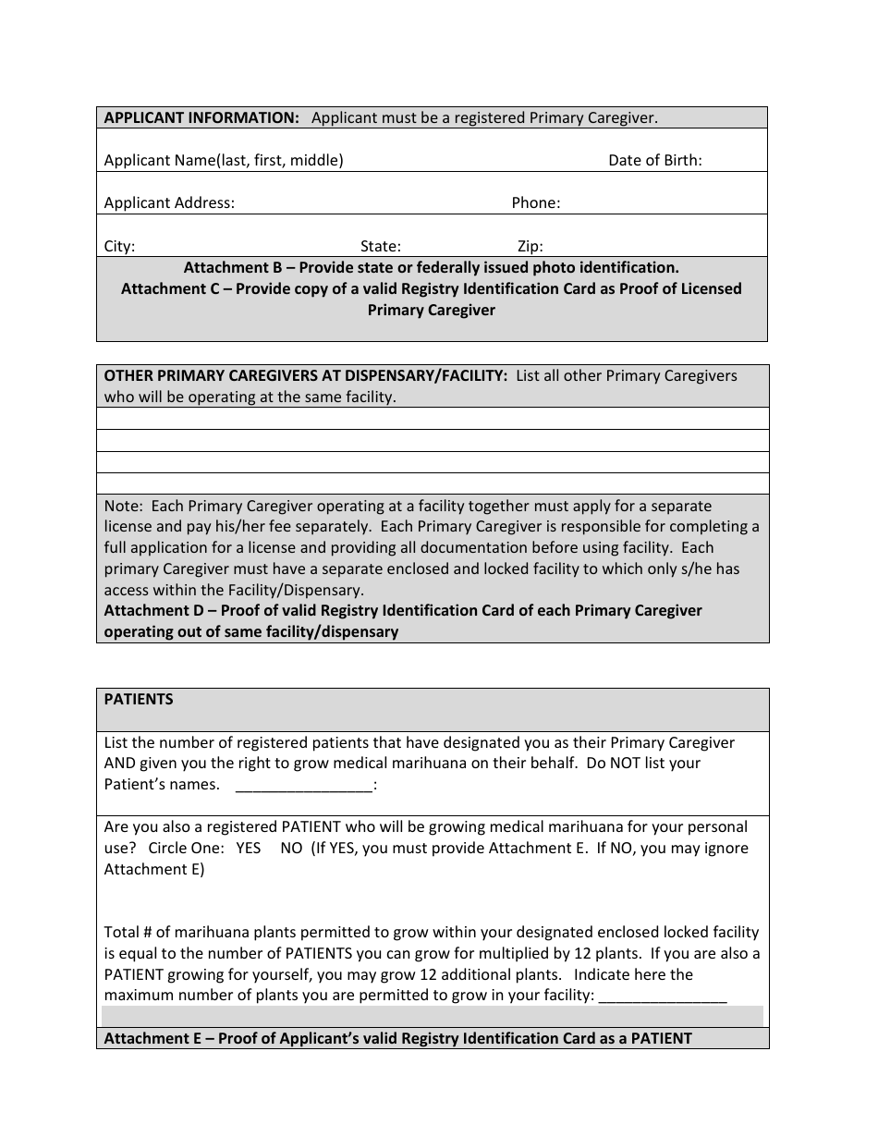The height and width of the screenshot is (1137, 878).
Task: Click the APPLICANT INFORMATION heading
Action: point(201,117)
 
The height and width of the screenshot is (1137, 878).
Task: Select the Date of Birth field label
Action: point(654,160)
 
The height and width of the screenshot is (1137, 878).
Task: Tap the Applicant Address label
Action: point(169,202)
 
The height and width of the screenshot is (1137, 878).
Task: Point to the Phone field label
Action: point(536,202)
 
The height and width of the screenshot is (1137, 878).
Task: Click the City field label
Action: point(119,246)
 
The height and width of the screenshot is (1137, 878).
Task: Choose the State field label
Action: point(380,246)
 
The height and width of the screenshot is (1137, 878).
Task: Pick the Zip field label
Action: point(530,246)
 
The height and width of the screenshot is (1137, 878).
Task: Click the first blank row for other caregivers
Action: point(433,419)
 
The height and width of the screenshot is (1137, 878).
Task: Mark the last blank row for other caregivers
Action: point(433,483)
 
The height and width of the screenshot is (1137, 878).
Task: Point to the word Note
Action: point(122,506)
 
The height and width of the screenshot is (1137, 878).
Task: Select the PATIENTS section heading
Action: point(139,699)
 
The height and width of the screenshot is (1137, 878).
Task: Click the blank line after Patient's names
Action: point(304,786)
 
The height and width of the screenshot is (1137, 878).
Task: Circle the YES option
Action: point(249,848)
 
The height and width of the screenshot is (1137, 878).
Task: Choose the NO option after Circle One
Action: point(291,848)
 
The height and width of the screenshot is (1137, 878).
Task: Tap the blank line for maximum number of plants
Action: point(663,996)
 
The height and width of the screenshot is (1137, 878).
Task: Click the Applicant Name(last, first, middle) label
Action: point(224,160)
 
